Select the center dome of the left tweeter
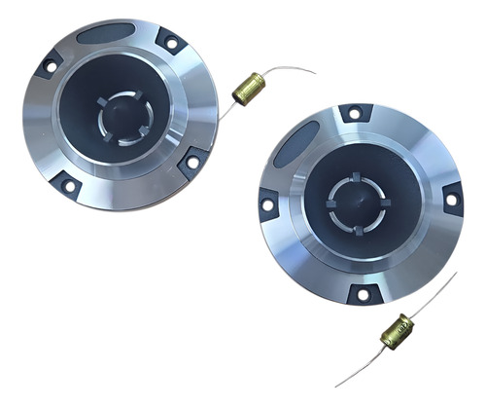point(119,116)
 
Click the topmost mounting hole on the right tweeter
point(354,114)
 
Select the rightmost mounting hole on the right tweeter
point(450,200)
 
